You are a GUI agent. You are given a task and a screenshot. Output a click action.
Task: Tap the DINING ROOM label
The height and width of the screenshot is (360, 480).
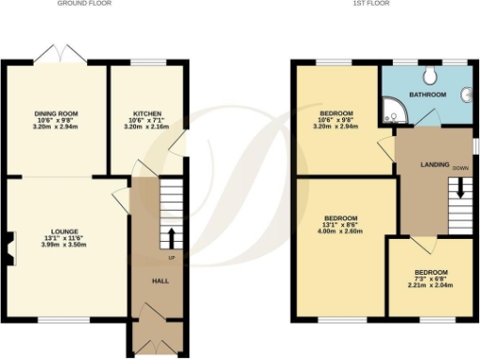pyautogui.click(x=56, y=113)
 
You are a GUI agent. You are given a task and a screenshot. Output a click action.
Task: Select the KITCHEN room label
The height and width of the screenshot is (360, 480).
pyautogui.click(x=148, y=113)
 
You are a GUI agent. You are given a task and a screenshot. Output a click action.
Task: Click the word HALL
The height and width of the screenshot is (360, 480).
pyautogui.click(x=159, y=279)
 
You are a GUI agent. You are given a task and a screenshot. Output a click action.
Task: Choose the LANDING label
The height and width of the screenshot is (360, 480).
pyautogui.click(x=423, y=166)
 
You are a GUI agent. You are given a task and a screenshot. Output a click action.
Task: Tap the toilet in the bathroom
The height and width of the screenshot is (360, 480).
pyautogui.click(x=430, y=76)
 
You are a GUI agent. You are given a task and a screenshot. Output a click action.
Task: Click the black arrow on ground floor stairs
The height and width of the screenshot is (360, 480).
pyautogui.click(x=172, y=234)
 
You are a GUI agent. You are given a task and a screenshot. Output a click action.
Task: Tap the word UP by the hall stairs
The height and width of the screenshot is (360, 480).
pyautogui.click(x=171, y=257)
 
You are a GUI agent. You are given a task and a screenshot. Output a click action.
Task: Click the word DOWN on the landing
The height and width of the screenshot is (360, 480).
pyautogui.click(x=459, y=169)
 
